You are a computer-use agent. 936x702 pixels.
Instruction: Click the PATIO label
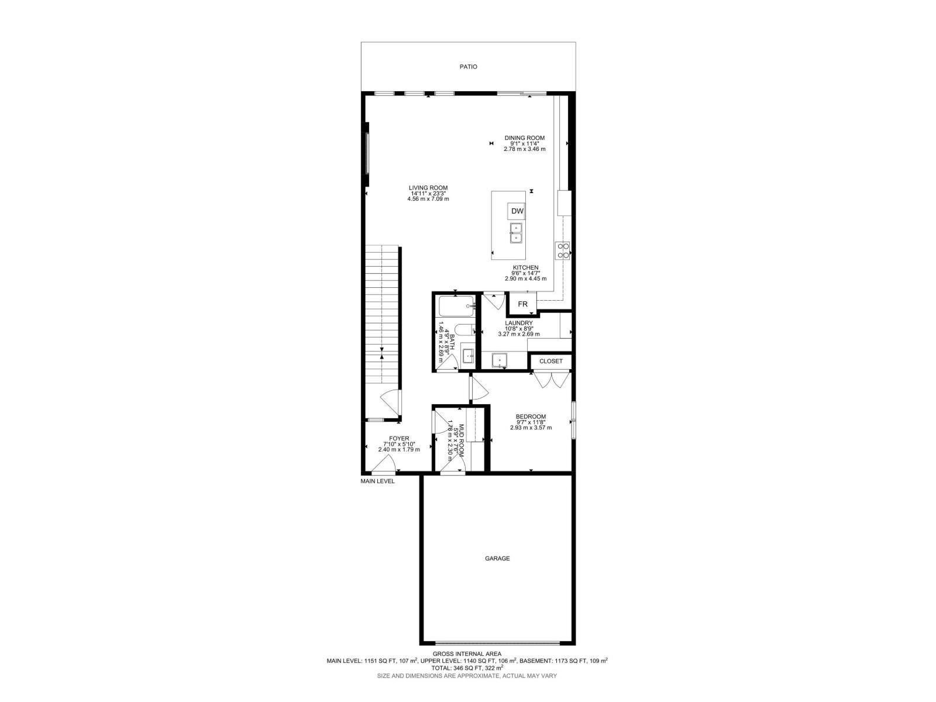tap(468, 67)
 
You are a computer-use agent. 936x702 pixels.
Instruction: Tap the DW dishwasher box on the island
tap(517, 211)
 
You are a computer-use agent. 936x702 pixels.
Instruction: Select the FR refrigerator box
tap(522, 304)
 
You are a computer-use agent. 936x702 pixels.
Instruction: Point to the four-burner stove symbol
tap(563, 250)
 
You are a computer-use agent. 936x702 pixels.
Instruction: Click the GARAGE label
tap(497, 558)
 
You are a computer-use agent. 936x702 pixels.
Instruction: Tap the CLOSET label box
tap(550, 362)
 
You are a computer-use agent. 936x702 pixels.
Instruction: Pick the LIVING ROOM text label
tap(428, 188)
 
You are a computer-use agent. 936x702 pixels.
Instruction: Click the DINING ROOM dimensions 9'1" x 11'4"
tap(525, 143)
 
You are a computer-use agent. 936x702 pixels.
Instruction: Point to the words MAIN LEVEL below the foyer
tap(377, 481)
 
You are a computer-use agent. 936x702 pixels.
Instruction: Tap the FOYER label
tap(400, 438)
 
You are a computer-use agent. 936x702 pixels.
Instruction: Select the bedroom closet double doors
tap(550, 379)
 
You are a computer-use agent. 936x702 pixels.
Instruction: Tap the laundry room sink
tap(500, 360)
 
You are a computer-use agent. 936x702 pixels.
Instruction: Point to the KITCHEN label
tap(525, 267)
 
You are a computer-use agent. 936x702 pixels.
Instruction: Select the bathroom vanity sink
tap(468, 356)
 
